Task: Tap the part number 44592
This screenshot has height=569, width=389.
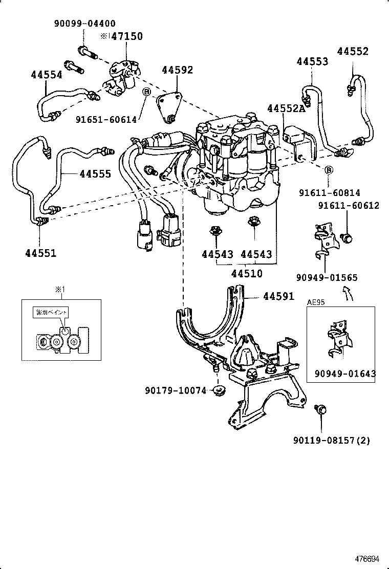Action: pyautogui.click(x=178, y=70)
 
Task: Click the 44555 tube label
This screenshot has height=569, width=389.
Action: pyautogui.click(x=95, y=174)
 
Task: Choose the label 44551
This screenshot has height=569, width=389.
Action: pyautogui.click(x=40, y=253)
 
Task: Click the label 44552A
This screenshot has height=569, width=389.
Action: pyautogui.click(x=286, y=108)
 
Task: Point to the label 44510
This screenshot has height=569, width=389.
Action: pyautogui.click(x=247, y=273)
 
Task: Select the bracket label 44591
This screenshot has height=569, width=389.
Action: pyautogui.click(x=279, y=296)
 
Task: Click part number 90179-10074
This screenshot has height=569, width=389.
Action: pyautogui.click(x=175, y=391)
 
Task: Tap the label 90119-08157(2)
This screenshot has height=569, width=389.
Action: pyautogui.click(x=332, y=440)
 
